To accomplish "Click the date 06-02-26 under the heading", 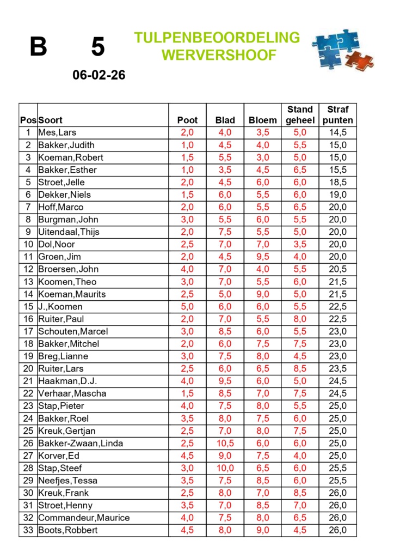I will point(99,75).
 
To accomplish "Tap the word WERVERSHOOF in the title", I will point(219,55).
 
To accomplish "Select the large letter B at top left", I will point(38,47).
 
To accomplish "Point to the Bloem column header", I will point(263,120).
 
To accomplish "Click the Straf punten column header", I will point(338,115).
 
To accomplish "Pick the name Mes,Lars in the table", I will point(57,132).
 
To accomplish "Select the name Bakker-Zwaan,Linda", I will point(81,443).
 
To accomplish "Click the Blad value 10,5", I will point(225,443).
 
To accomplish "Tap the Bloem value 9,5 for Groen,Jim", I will point(263,257).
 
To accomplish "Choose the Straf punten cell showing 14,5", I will point(338,132).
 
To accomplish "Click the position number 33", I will point(28,530).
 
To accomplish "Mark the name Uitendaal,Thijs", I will point(69,232).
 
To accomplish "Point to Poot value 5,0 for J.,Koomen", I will point(188,306).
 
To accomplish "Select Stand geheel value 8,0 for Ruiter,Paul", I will point(300,319).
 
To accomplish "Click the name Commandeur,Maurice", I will point(84,518).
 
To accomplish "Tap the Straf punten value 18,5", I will point(338,182).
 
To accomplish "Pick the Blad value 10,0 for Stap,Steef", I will point(225,468).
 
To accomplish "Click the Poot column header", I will point(188,120).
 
